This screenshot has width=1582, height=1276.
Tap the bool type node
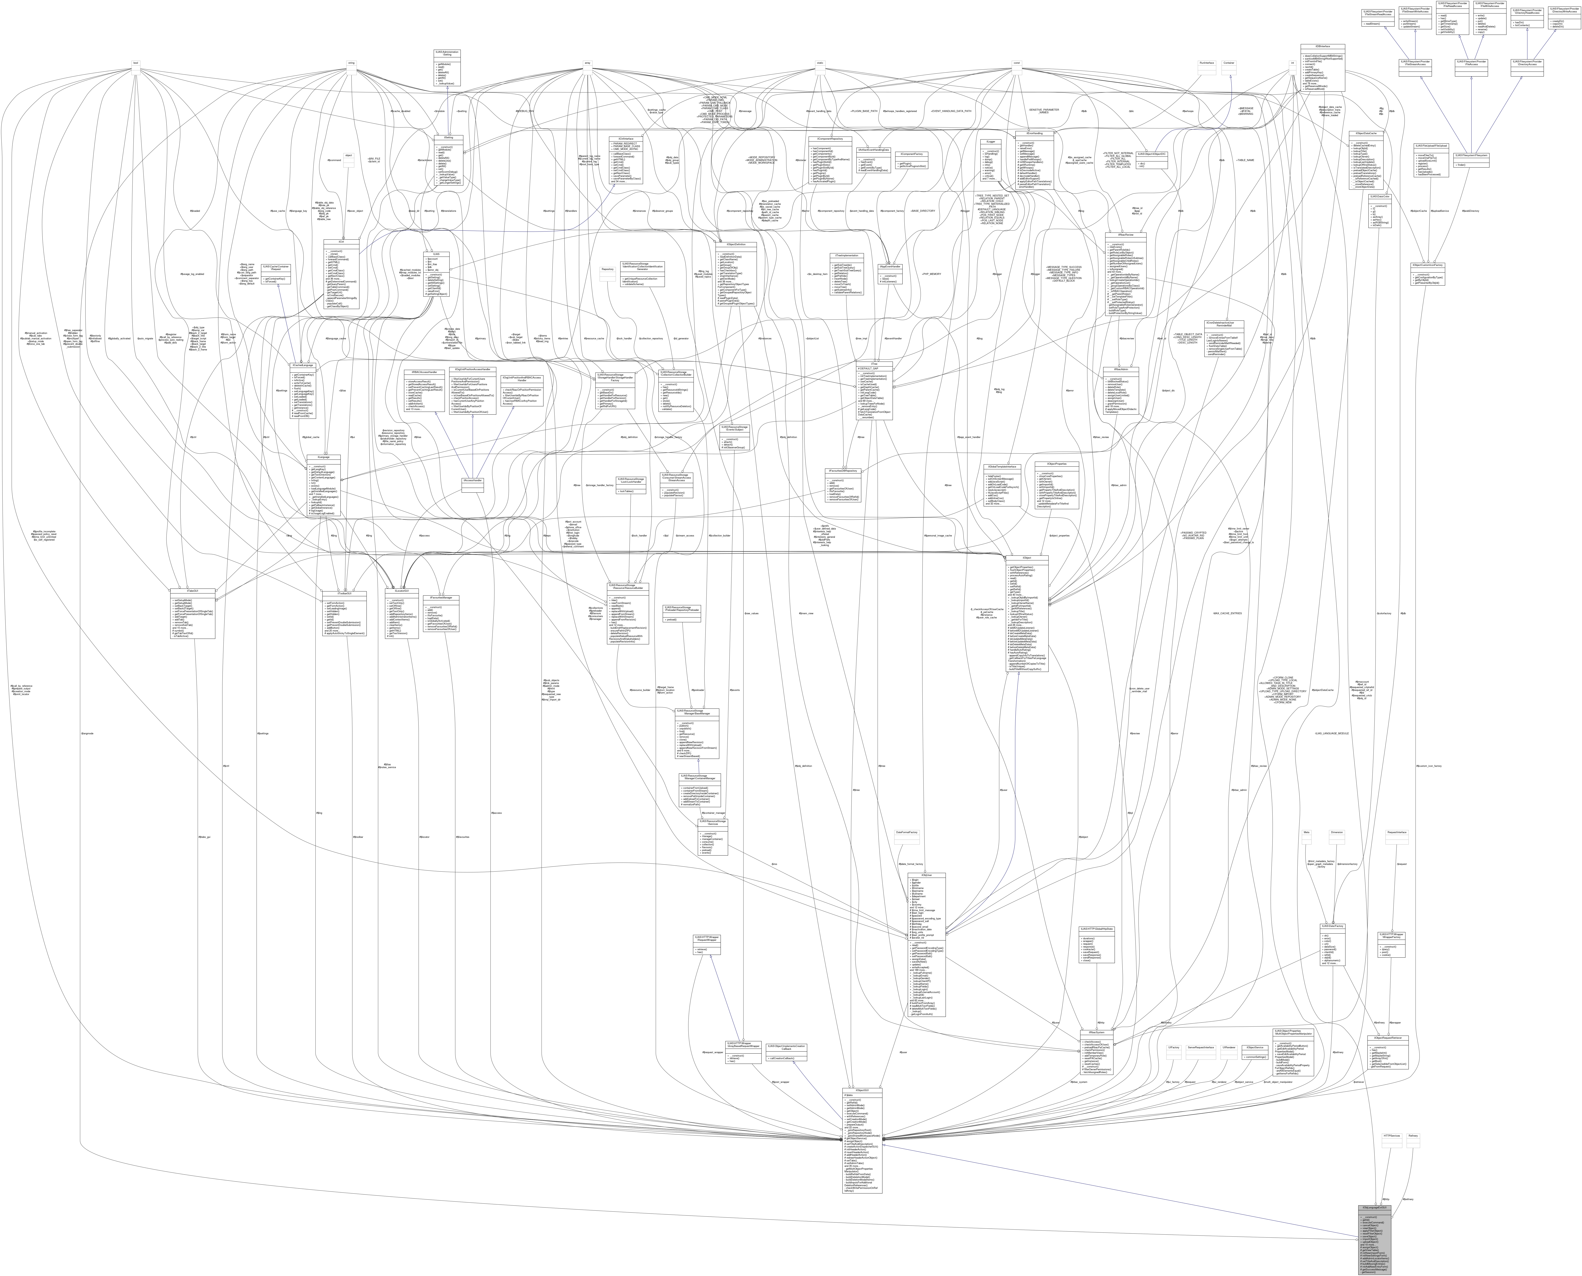pos(136,63)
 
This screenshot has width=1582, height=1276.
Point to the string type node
pos(351,63)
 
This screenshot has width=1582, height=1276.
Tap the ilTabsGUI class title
pos(193,590)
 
